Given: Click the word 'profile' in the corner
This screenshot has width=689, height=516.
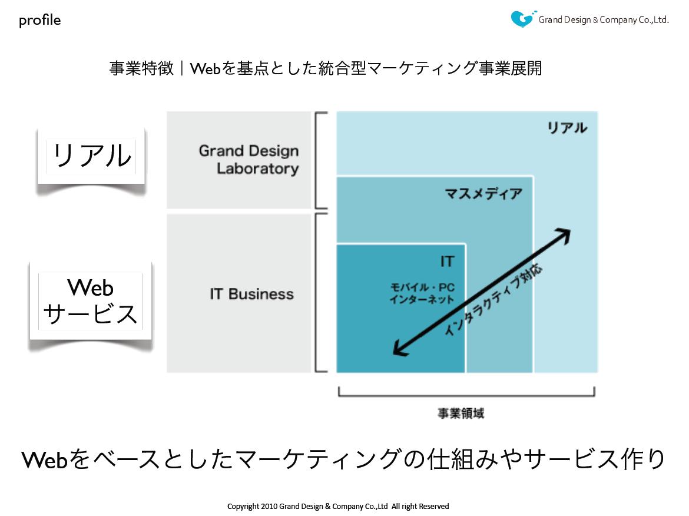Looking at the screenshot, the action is point(39,20).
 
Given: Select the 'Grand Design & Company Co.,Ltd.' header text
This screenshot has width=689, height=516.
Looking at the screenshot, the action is point(603,20).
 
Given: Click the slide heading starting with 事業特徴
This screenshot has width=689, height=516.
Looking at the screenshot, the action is point(326,68).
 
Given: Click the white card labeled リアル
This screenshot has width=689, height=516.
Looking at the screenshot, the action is point(91,156).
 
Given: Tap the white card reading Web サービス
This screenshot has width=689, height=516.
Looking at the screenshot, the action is point(91,301).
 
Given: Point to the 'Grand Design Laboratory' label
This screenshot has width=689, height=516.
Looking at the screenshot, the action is point(249,160).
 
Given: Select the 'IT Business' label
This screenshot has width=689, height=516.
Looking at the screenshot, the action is point(252,294).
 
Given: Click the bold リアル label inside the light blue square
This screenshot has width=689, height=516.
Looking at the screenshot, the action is point(567,128).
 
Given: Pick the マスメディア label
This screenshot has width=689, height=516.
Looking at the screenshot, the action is point(483,193).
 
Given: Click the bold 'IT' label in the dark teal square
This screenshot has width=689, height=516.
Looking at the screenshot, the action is point(447,262).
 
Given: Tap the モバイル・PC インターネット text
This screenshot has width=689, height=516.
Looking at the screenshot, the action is point(422,293).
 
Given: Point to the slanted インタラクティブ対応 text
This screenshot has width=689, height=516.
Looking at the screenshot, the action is point(493,300).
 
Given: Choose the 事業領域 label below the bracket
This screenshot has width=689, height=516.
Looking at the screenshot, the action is point(461,413).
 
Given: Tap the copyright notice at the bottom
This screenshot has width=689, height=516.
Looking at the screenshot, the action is point(338,507).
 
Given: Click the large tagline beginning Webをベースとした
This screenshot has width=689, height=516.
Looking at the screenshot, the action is point(343,459).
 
